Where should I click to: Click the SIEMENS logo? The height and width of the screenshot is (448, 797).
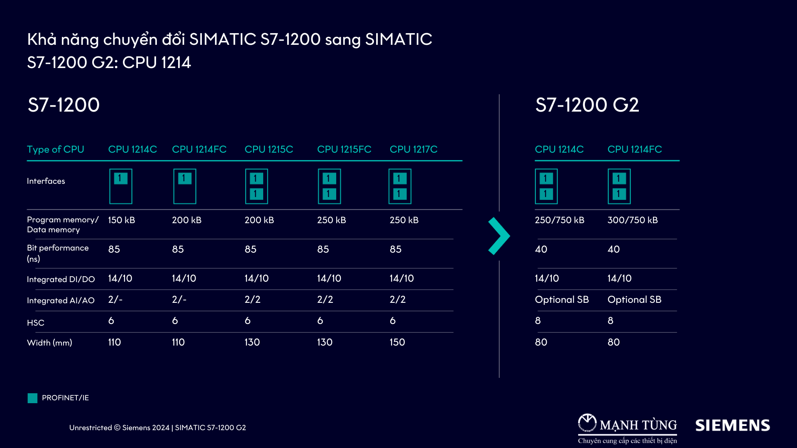[732, 426]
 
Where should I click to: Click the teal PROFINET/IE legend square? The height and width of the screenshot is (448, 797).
[32, 398]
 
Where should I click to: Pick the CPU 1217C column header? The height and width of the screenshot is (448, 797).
[413, 149]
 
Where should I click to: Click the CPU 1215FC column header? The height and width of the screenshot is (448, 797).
[344, 149]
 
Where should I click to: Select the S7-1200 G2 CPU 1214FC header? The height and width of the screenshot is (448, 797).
[634, 149]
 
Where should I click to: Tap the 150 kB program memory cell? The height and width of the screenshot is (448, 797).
[121, 220]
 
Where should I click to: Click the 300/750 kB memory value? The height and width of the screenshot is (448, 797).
[632, 220]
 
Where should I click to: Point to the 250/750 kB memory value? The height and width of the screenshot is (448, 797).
[559, 220]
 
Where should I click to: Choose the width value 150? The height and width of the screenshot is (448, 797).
[397, 342]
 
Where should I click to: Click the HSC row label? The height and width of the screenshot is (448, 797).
[36, 323]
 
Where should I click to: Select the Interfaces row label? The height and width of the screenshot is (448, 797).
[46, 181]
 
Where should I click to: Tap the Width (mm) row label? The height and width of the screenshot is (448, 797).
[49, 343]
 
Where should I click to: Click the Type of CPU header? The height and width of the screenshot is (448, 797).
[55, 149]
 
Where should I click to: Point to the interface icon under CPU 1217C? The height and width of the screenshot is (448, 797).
[400, 186]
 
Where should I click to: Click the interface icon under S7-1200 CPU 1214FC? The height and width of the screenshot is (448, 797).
[185, 186]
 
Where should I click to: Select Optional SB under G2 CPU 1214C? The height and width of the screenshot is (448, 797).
[562, 299]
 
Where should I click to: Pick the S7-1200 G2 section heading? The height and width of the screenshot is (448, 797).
[587, 105]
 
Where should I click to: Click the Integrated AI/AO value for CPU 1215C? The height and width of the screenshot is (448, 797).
[252, 299]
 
